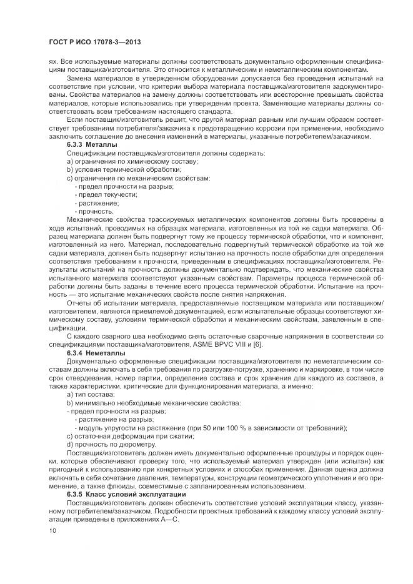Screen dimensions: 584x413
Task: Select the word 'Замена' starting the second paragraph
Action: tap(79, 79)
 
